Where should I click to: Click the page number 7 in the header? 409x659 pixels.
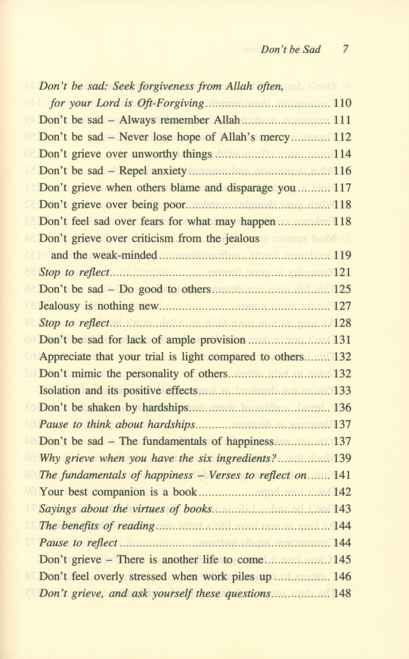(345, 49)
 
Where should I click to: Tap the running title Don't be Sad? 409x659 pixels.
(290, 49)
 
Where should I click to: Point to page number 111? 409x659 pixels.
(343, 120)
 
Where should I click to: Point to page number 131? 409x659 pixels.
(343, 340)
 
